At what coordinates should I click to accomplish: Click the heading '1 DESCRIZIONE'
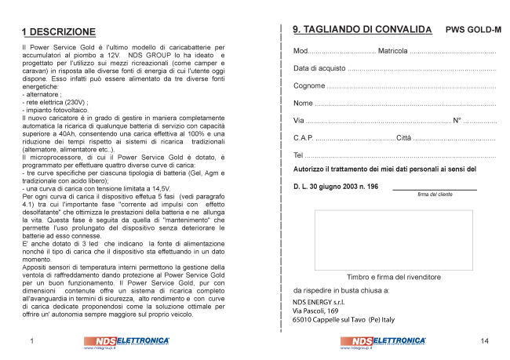(x=59, y=32)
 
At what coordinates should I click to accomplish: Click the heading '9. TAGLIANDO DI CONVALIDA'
(x=362, y=30)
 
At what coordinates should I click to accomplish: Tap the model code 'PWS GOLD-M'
(x=473, y=31)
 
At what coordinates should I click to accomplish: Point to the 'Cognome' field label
(x=308, y=85)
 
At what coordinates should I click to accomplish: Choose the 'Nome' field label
(x=303, y=103)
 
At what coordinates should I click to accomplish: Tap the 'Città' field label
(x=403, y=137)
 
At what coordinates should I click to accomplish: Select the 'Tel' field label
(x=298, y=155)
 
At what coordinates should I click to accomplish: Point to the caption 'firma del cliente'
(x=434, y=195)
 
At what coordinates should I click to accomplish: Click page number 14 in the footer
(x=484, y=341)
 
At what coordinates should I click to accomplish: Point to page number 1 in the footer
(x=31, y=341)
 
